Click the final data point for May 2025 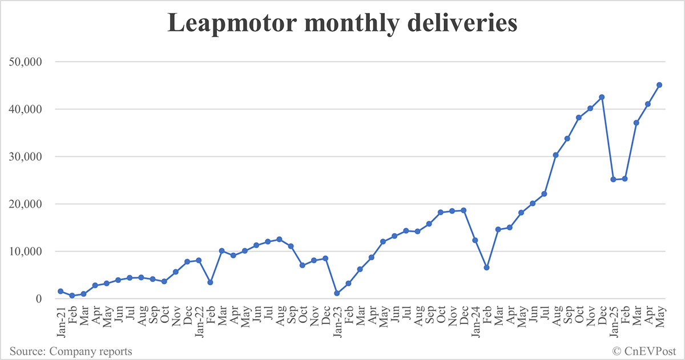(x=659, y=85)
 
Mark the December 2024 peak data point (x=602, y=97)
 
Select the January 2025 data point (x=613, y=179)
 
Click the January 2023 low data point (x=337, y=293)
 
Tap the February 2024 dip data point (x=486, y=268)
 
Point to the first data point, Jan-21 (x=61, y=291)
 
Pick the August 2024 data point (x=555, y=155)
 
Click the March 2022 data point (x=221, y=251)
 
